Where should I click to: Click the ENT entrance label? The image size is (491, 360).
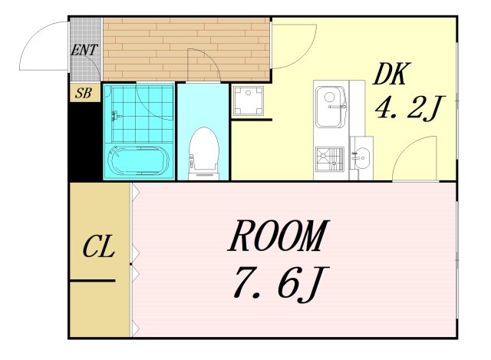coord(84,49)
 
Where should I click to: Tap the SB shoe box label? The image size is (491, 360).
coord(84,93)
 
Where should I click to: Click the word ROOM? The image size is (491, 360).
coord(278,236)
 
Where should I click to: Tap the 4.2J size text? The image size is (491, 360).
coord(410,108)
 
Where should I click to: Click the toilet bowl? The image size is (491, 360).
coord(204,153)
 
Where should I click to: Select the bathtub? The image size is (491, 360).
coord(139,161)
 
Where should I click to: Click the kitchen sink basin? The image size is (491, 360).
coord(330,107)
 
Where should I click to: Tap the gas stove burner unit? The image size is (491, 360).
coord(329,160)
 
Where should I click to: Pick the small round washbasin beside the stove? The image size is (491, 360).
coord(362,158)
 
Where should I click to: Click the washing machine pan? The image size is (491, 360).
coord(249,101)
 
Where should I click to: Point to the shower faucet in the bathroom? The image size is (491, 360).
coord(116,116)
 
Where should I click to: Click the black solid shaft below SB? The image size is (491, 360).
coord(85,142)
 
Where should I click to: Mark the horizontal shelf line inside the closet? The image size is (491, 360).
coord(93,280)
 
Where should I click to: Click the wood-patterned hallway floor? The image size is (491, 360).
coord(186,49)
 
